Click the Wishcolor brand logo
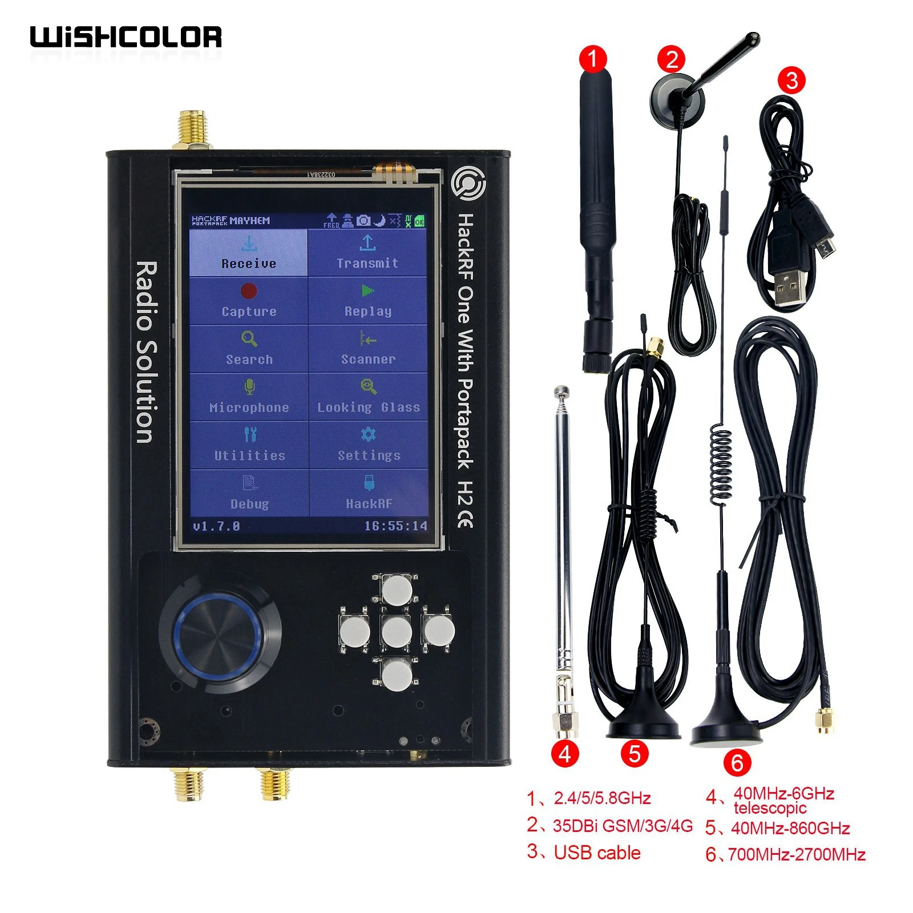click(126, 37)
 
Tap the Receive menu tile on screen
click(248, 253)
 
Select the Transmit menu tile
click(367, 253)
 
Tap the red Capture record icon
click(249, 291)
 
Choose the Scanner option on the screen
click(368, 349)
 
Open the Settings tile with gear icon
click(369, 445)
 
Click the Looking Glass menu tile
click(369, 397)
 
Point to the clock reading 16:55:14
click(395, 526)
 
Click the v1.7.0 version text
click(216, 526)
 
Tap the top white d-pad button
click(397, 589)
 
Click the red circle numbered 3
click(791, 80)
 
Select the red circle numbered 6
click(737, 762)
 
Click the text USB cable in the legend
click(597, 853)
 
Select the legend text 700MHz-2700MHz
click(797, 854)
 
